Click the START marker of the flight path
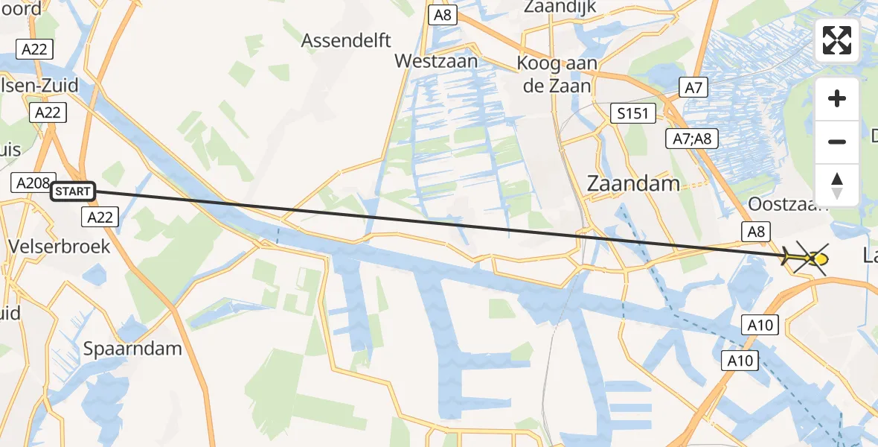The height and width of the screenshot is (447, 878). tap(73, 191)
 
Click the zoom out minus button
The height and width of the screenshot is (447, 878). tap(837, 142)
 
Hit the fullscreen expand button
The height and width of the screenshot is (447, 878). tap(837, 40)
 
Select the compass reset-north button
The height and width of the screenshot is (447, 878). tap(837, 186)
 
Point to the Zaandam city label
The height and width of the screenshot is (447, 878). tap(633, 183)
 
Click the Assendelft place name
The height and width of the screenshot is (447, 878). tap(346, 40)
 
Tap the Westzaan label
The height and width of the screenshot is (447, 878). tap(436, 61)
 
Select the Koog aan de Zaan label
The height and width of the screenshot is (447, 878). tap(557, 74)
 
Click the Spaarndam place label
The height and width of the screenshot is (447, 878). tap(132, 348)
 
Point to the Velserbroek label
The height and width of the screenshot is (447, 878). tap(60, 246)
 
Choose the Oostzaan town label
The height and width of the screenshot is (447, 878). tap(787, 204)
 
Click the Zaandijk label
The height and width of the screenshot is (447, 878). tap(561, 7)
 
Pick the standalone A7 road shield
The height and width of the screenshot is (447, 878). tap(693, 88)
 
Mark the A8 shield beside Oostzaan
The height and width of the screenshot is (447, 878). tap(755, 232)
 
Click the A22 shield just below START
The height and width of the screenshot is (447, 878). tap(99, 216)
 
